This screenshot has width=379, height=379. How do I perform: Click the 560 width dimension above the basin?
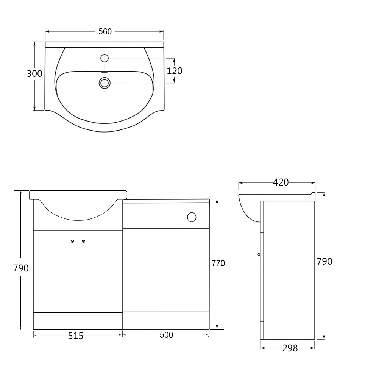coord(105,32)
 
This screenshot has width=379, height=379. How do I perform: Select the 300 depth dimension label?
coord(34,73)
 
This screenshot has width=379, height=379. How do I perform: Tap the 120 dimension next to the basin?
coord(175,71)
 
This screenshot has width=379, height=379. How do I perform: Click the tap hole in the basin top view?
coord(104,58)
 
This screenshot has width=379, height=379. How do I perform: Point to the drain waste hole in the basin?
coord(104,83)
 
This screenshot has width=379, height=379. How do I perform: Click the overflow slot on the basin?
coord(104,72)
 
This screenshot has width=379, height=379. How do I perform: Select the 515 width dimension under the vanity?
coord(76,336)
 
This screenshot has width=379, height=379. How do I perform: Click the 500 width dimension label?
coord(166,335)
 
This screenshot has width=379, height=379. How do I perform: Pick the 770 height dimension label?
coord(218,263)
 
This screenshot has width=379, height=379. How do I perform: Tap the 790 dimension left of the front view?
coord(21,268)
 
